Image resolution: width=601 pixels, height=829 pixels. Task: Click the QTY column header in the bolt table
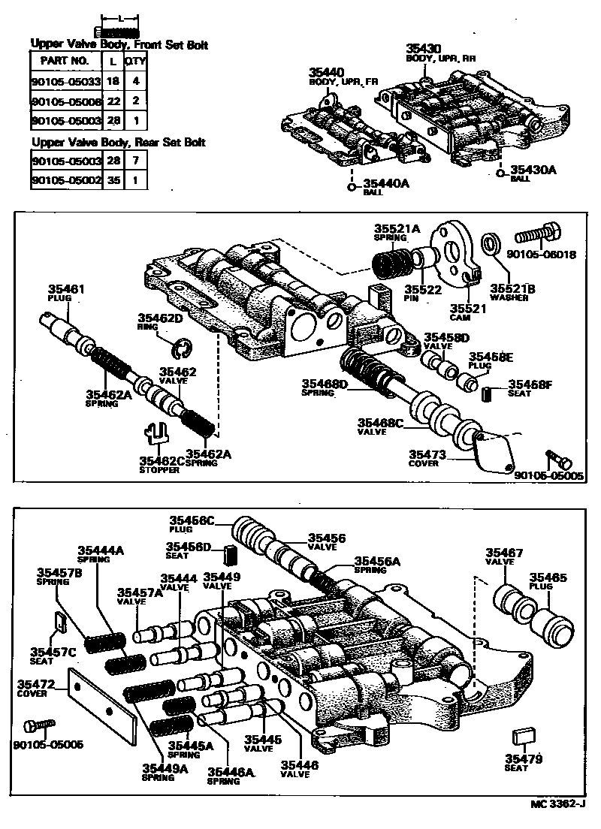coord(135,60)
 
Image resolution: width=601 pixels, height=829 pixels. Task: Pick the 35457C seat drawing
coord(62,620)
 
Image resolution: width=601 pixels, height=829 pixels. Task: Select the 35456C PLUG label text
coord(191,523)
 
